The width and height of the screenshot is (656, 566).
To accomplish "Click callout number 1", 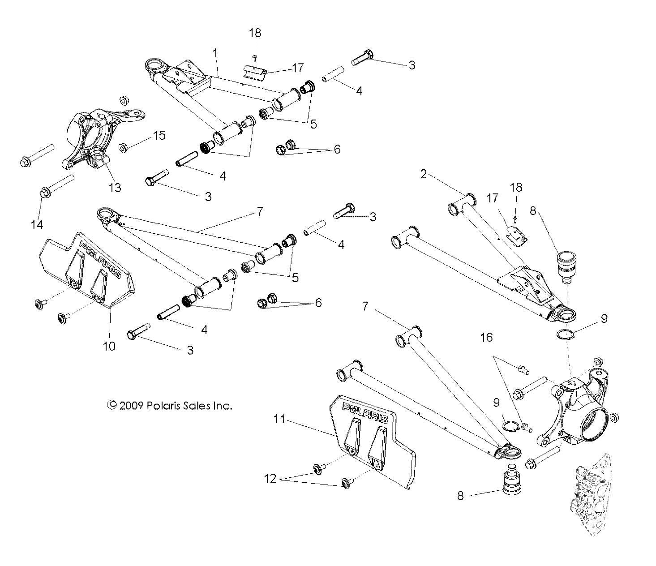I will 215,53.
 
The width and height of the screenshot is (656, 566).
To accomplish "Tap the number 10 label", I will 109,346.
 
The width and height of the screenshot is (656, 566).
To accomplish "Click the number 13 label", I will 115,187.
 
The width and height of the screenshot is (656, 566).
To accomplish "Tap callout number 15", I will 159,135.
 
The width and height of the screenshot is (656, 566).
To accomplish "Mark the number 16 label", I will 486,337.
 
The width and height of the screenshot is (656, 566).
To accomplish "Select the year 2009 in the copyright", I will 131,406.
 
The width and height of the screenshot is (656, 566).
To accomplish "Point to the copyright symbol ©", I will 111,406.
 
